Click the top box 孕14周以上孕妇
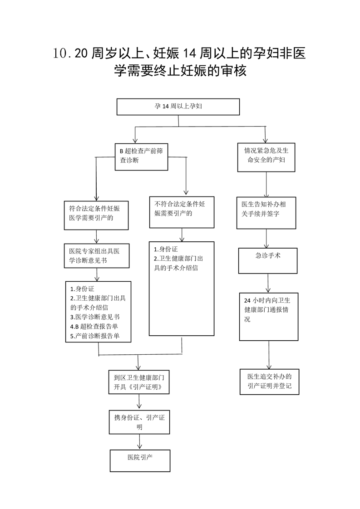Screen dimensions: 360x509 [178, 107]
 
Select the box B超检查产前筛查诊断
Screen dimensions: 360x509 [141, 157]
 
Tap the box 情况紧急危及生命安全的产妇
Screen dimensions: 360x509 [266, 157]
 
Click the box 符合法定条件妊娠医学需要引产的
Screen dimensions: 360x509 [96, 215]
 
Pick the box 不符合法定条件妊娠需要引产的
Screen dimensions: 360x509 [182, 212]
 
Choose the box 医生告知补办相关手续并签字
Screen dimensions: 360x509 [266, 213]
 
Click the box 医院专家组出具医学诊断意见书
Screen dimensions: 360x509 [97, 256]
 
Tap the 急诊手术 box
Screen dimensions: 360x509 [268, 261]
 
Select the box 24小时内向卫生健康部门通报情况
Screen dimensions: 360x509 [269, 317]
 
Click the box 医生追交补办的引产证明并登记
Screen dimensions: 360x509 [269, 382]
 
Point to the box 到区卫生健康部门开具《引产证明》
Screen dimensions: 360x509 [139, 382]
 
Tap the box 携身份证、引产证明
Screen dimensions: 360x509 [139, 422]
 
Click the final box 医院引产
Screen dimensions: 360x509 [140, 460]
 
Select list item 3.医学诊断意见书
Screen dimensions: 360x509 [95, 317]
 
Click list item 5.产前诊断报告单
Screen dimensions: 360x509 [95, 336]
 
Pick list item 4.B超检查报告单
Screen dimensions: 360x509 [94, 327]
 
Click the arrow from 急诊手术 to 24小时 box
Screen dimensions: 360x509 [268, 283]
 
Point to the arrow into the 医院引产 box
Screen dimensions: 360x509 [140, 442]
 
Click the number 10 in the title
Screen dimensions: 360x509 [60, 54]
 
